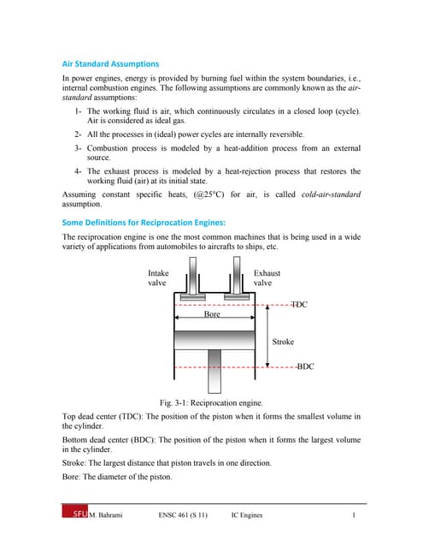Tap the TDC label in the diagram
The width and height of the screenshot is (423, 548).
pos(299,304)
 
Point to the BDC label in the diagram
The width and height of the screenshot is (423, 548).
pos(305,366)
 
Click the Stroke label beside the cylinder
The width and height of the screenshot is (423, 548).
pos(283,342)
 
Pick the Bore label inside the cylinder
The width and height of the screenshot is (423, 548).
pos(212,314)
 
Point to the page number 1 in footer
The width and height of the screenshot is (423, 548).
pos(354,515)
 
